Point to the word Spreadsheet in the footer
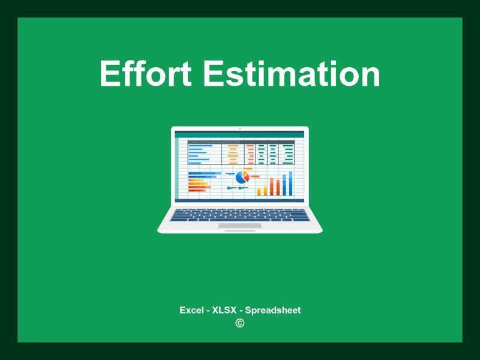tap(273, 310)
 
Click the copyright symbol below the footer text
tap(240, 323)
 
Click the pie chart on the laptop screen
tap(242, 177)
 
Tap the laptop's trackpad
tap(239, 226)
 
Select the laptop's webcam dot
tap(240, 128)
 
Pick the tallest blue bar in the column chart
tap(291, 184)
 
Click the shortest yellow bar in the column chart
tap(259, 192)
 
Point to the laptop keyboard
tap(240, 215)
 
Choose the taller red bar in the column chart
tap(278, 186)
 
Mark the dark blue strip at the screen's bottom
tap(240, 200)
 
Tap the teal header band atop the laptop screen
tap(240, 135)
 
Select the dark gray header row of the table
tap(241, 142)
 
